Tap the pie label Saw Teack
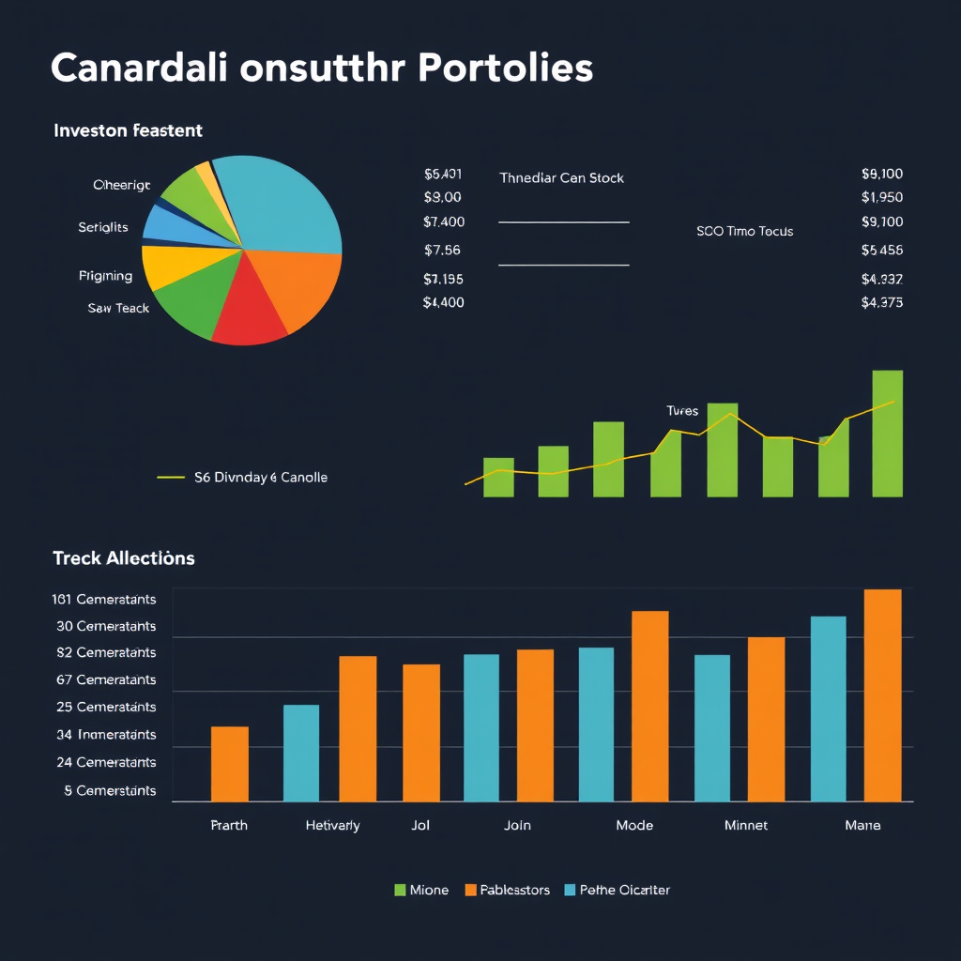[118, 308]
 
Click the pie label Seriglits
[103, 228]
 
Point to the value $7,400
[444, 222]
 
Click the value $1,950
[881, 198]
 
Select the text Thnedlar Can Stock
[561, 178]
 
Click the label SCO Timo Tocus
[744, 231]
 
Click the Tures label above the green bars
[682, 411]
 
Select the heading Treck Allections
[124, 558]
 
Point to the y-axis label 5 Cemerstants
[110, 791]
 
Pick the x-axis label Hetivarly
[332, 826]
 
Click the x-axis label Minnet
[746, 826]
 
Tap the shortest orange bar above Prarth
[230, 764]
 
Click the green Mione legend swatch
[400, 890]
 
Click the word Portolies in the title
[505, 69]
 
